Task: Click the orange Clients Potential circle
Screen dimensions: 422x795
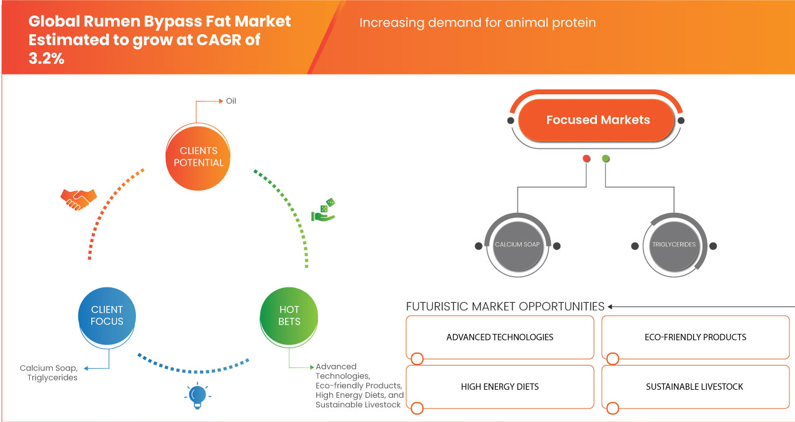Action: [x=198, y=156]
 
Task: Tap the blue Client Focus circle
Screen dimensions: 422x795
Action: [x=107, y=315]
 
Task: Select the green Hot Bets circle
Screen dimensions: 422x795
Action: [x=289, y=315]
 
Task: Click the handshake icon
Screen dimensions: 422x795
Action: [x=78, y=199]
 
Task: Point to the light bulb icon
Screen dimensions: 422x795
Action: [x=198, y=396]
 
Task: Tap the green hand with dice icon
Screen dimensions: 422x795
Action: [x=324, y=210]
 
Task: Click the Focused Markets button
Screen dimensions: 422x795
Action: [x=597, y=120]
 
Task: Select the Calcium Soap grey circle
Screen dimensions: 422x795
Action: [x=517, y=245]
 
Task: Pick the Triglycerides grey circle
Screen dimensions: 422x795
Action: [x=673, y=245]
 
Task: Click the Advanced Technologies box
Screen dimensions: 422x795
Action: [x=500, y=337]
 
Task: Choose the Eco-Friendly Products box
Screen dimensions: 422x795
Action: [x=695, y=337]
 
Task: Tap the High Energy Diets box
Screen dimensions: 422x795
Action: [x=500, y=387]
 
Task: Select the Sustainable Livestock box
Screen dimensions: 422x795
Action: [x=695, y=387]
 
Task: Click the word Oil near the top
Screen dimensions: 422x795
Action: [x=231, y=101]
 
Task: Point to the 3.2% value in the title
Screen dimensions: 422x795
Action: [x=47, y=58]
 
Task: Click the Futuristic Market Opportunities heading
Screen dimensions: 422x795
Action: [x=505, y=306]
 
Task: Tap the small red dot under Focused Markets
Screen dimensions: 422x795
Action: [x=586, y=159]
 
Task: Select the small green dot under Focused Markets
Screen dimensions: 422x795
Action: [x=606, y=159]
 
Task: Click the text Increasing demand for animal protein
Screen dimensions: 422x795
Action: [x=478, y=23]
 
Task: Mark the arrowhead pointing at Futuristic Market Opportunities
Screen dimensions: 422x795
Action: [x=611, y=307]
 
